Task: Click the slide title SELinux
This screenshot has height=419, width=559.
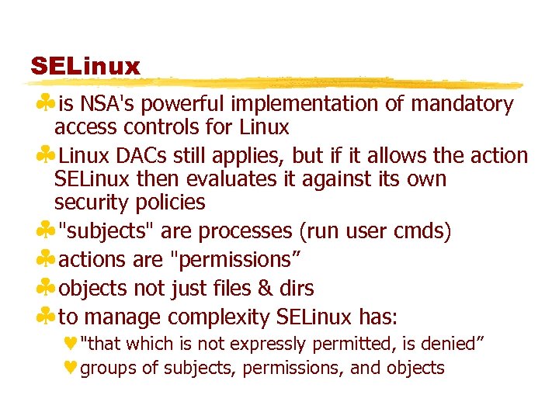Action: point(85,67)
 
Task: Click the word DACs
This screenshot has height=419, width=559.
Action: point(147,156)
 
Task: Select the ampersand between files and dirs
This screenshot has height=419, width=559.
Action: point(265,289)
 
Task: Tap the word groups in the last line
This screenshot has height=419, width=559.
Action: point(108,368)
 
